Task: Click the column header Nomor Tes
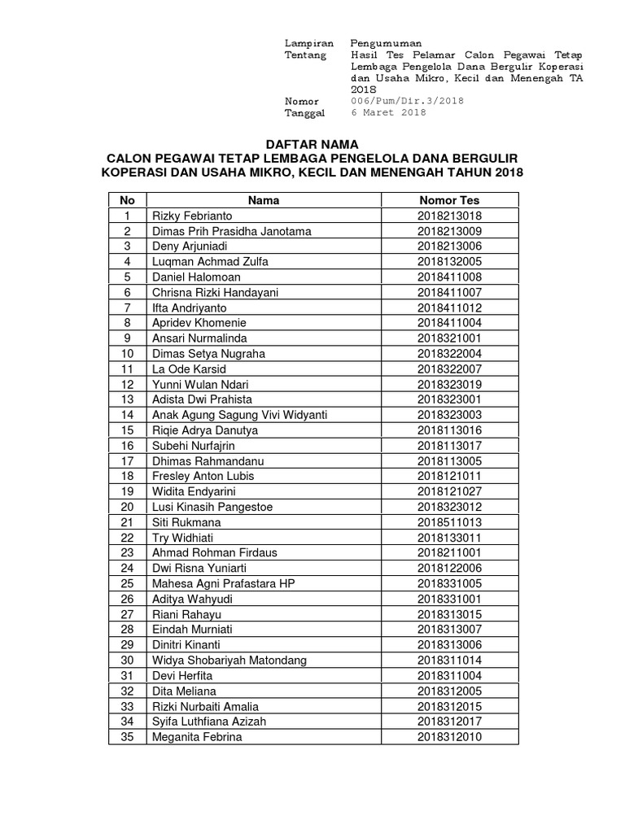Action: [x=449, y=200]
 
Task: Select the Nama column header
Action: [x=264, y=200]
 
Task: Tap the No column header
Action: [x=127, y=200]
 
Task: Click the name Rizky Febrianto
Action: [x=192, y=216]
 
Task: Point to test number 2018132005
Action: [x=449, y=262]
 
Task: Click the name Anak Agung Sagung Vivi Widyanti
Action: [x=239, y=415]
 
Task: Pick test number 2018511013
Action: [x=449, y=522]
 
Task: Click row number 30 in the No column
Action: [x=127, y=661]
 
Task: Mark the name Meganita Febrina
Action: [x=197, y=737]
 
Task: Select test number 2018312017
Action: [x=449, y=722]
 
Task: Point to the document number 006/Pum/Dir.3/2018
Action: [x=406, y=101]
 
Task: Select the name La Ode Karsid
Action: [x=184, y=369]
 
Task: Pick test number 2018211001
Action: [x=449, y=553]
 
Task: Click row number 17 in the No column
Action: [x=127, y=461]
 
